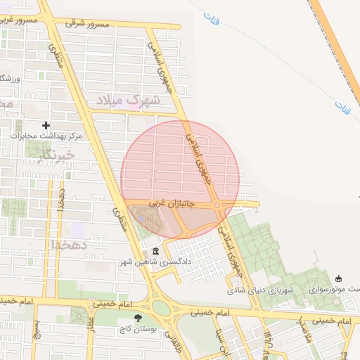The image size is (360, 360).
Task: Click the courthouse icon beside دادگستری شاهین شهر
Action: tap(155, 251)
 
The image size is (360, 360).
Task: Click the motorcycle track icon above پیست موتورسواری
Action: tap(340, 278)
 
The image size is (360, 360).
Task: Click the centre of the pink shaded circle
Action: tap(180, 180)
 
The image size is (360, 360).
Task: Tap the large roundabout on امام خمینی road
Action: tap(161, 307)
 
